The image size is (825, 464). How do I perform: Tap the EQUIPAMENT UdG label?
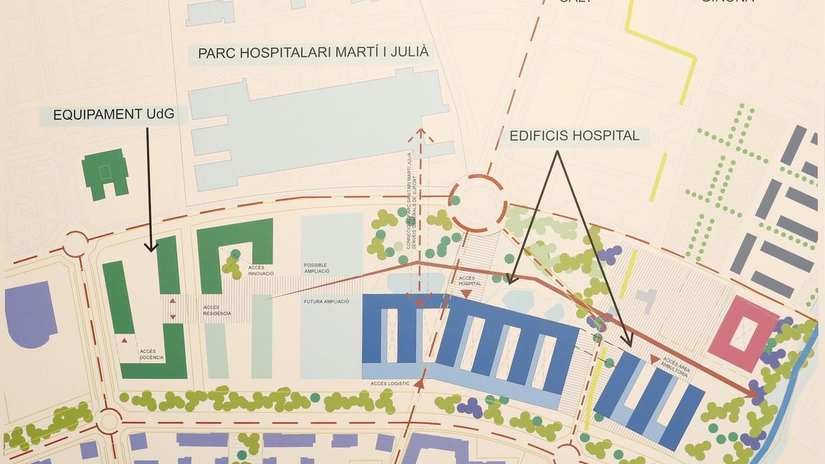click(120, 115)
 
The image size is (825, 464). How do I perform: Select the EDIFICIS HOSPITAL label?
click(574, 135)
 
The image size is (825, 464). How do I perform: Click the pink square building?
click(740, 333)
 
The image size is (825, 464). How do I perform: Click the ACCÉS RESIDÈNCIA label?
click(217, 310)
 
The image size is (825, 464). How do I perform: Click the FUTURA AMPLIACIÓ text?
click(327, 302)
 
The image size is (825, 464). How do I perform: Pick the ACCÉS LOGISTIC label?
click(390, 383)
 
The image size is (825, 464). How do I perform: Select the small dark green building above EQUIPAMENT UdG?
click(106, 175)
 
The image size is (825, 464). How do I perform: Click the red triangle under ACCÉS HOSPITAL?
click(467, 294)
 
